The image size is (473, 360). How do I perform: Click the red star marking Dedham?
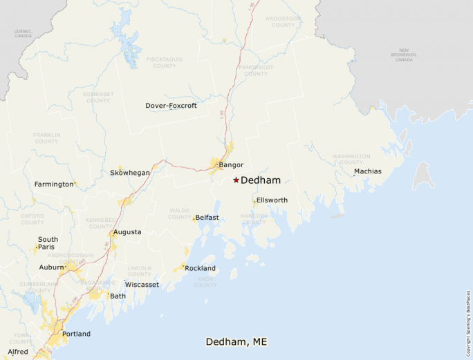[236, 180]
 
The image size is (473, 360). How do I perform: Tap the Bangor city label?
[231, 165]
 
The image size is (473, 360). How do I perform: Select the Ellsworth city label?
[272, 200]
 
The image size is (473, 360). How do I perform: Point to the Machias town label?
[367, 171]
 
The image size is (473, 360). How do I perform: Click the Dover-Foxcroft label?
[171, 106]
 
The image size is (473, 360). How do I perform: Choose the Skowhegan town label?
[130, 173]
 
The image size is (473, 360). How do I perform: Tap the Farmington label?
[54, 184]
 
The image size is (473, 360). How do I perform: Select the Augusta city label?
[127, 232]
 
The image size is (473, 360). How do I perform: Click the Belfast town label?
[207, 218]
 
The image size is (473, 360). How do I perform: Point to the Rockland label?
[200, 268]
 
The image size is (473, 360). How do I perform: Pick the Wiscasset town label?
[142, 285]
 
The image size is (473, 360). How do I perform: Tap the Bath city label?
[118, 296]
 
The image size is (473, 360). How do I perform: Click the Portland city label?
[76, 334]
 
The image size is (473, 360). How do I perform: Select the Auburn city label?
[50, 267]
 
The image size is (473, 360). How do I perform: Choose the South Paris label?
[48, 243]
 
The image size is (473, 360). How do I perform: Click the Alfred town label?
[18, 352]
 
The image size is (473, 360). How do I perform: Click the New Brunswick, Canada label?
[404, 55]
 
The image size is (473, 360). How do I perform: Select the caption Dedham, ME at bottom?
[236, 342]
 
